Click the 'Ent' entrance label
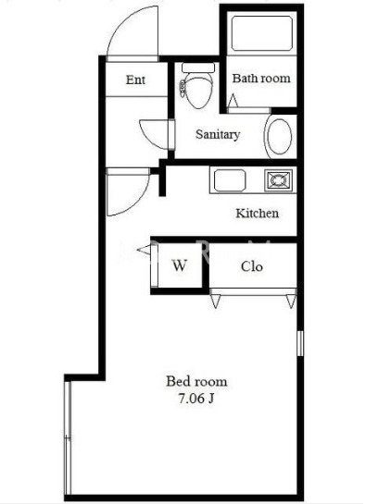[x=135, y=80]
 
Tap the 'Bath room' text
[x=261, y=78]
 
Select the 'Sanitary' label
[x=218, y=134]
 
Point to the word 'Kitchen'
[x=257, y=213]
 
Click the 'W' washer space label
[x=180, y=265]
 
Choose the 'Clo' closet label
[x=251, y=266]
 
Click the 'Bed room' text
[x=196, y=382]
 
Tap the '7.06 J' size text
[x=196, y=399]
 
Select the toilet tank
[x=198, y=68]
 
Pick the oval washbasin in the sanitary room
[x=280, y=136]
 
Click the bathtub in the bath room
[x=262, y=33]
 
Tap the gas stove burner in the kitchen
[x=279, y=180]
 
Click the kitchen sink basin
[x=230, y=180]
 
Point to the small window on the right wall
[x=300, y=343]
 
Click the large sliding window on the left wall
[x=68, y=437]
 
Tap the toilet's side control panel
[x=183, y=89]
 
